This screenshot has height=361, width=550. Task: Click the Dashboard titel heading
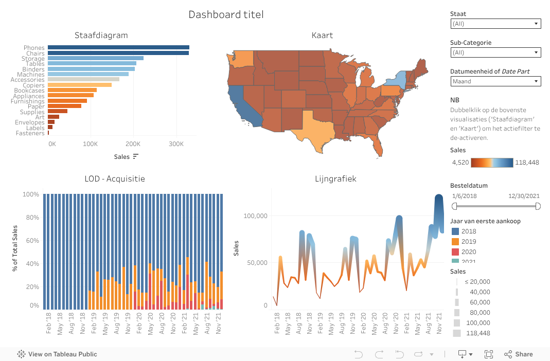click(226, 14)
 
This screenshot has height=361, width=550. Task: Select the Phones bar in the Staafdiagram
click(118, 47)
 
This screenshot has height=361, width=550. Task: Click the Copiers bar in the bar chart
click(79, 85)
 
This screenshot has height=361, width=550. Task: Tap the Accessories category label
click(27, 80)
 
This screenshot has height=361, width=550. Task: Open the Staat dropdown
click(495, 24)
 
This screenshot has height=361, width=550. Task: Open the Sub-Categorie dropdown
click(495, 52)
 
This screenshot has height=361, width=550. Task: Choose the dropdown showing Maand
click(495, 81)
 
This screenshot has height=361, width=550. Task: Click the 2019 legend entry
click(469, 242)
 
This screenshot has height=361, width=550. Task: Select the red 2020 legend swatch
click(455, 252)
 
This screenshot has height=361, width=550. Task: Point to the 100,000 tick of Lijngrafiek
click(255, 216)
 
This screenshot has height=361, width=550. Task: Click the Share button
click(519, 354)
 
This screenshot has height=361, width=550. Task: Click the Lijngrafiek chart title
click(335, 179)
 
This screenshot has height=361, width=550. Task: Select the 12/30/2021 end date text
click(524, 196)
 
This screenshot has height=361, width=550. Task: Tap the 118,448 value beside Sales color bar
click(527, 163)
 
